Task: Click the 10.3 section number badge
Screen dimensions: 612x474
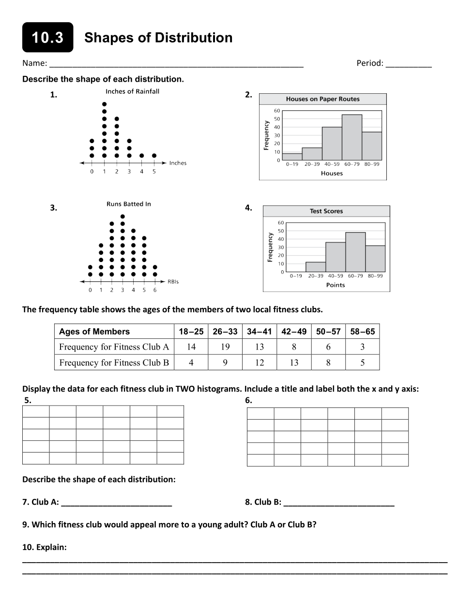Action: point(47,38)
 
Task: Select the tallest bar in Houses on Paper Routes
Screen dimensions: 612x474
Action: point(352,137)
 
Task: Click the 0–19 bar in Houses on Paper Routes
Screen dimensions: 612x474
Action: point(292,157)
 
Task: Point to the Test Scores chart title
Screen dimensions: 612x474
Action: point(326,211)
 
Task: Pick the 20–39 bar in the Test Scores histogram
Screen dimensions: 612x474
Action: point(316,267)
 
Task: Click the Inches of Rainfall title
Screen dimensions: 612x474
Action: point(132,91)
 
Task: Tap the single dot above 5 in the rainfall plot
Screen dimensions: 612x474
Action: point(154,156)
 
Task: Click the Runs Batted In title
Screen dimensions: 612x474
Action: point(128,204)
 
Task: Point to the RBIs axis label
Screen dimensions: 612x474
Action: point(173,282)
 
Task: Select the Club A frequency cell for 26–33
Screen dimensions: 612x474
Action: point(225,347)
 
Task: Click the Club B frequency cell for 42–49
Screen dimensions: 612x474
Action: point(294,363)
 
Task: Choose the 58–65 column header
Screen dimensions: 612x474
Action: point(363,332)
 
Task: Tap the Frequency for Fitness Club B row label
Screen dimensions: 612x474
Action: point(114,363)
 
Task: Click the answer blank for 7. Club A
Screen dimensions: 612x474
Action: point(117,503)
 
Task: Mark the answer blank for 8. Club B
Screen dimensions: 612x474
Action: point(339,503)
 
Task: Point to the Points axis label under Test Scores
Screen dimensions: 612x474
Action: point(335,285)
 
